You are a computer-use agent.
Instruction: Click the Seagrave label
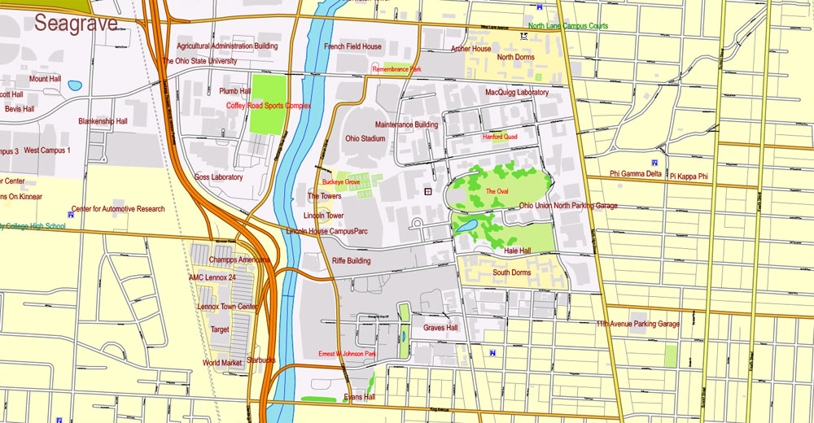coord(76,24)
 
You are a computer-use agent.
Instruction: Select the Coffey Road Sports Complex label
coord(269,106)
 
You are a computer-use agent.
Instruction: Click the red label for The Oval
coord(497,191)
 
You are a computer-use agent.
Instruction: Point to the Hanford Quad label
coord(500,137)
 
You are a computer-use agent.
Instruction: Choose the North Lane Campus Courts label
coord(567,26)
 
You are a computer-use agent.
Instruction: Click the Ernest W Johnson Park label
coord(347,354)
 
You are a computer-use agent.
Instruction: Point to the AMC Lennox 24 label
coord(212,277)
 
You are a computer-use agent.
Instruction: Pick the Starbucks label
coord(261,360)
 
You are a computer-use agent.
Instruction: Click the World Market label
coord(223,363)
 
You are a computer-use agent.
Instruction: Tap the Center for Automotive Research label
coord(118,209)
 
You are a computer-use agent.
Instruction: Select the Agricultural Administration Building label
coord(227,46)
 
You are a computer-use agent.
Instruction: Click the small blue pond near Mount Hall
coord(75,85)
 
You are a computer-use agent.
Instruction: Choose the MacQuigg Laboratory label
coord(517,93)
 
